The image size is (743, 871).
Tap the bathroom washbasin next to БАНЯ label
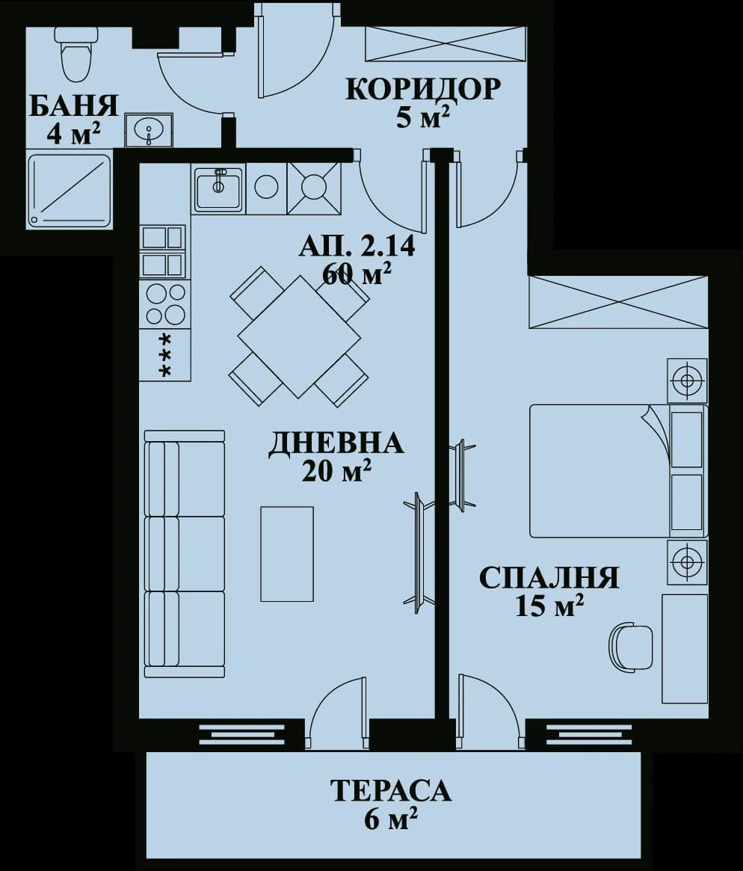148,131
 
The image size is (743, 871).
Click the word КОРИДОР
422,89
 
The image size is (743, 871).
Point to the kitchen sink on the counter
218,188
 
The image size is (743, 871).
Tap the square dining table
299,336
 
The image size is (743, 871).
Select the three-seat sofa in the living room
185,553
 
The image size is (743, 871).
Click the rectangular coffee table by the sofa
287,553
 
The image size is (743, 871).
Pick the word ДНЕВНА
336,443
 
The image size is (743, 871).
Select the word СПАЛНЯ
549,578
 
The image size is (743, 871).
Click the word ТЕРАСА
391,790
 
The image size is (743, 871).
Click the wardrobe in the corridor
446,43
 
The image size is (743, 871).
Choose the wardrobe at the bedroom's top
617,302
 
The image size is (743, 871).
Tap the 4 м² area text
73,134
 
